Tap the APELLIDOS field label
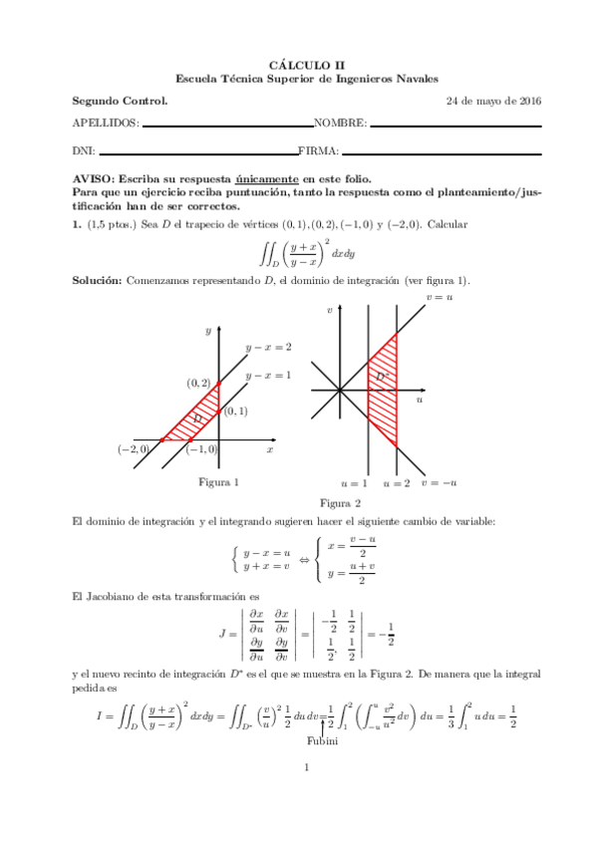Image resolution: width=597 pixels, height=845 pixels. pyautogui.click(x=106, y=124)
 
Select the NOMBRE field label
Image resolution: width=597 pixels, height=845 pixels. pyautogui.click(x=340, y=124)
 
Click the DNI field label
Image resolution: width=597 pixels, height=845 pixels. pyautogui.click(x=84, y=151)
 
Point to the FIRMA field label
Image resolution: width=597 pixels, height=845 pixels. pyautogui.click(x=318, y=151)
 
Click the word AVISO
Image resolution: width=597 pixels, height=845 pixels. pyautogui.click(x=95, y=177)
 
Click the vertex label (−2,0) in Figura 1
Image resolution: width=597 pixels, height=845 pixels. pyautogui.click(x=133, y=450)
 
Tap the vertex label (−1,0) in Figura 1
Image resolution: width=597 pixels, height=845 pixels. pyautogui.click(x=202, y=450)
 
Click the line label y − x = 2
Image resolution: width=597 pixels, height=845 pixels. pyautogui.click(x=269, y=347)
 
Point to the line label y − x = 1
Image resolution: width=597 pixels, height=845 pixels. pyautogui.click(x=269, y=376)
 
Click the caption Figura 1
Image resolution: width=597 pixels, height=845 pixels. pyautogui.click(x=218, y=482)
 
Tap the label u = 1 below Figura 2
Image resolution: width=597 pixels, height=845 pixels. pyautogui.click(x=354, y=483)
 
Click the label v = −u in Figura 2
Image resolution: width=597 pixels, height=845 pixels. pyautogui.click(x=439, y=483)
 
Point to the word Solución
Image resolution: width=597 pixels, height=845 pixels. pyautogui.click(x=97, y=281)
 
